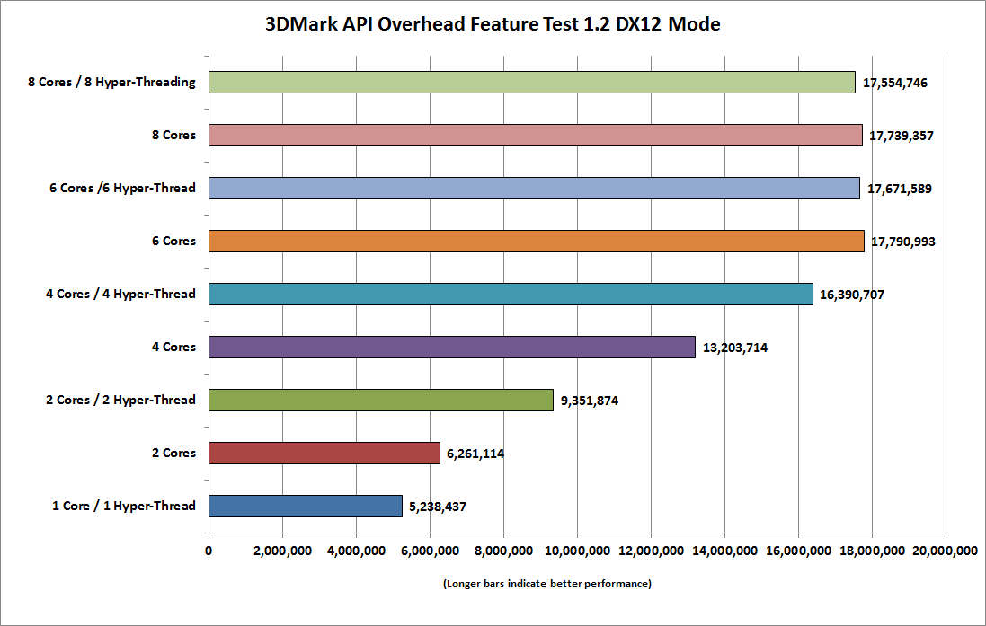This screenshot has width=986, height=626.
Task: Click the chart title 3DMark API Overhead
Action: point(492,24)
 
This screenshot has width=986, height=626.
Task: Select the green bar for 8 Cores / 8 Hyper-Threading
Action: point(531,83)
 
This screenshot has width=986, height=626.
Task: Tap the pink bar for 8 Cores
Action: point(535,136)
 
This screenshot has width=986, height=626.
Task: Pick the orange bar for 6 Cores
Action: point(536,242)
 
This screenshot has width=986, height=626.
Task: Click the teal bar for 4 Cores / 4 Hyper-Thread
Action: point(511,294)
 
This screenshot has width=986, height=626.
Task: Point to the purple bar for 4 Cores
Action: point(451,347)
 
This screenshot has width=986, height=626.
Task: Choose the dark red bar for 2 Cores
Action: point(324,453)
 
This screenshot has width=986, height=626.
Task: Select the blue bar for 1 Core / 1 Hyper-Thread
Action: point(305,506)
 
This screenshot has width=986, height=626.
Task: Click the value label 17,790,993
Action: point(902,242)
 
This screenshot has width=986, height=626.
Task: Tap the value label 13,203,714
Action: point(733,348)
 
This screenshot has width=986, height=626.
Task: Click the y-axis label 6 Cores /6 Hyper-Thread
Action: point(123,189)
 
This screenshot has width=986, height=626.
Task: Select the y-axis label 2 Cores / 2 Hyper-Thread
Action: point(121,400)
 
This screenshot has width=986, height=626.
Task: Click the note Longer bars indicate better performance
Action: point(546,584)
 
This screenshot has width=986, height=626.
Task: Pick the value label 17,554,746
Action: point(894,83)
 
